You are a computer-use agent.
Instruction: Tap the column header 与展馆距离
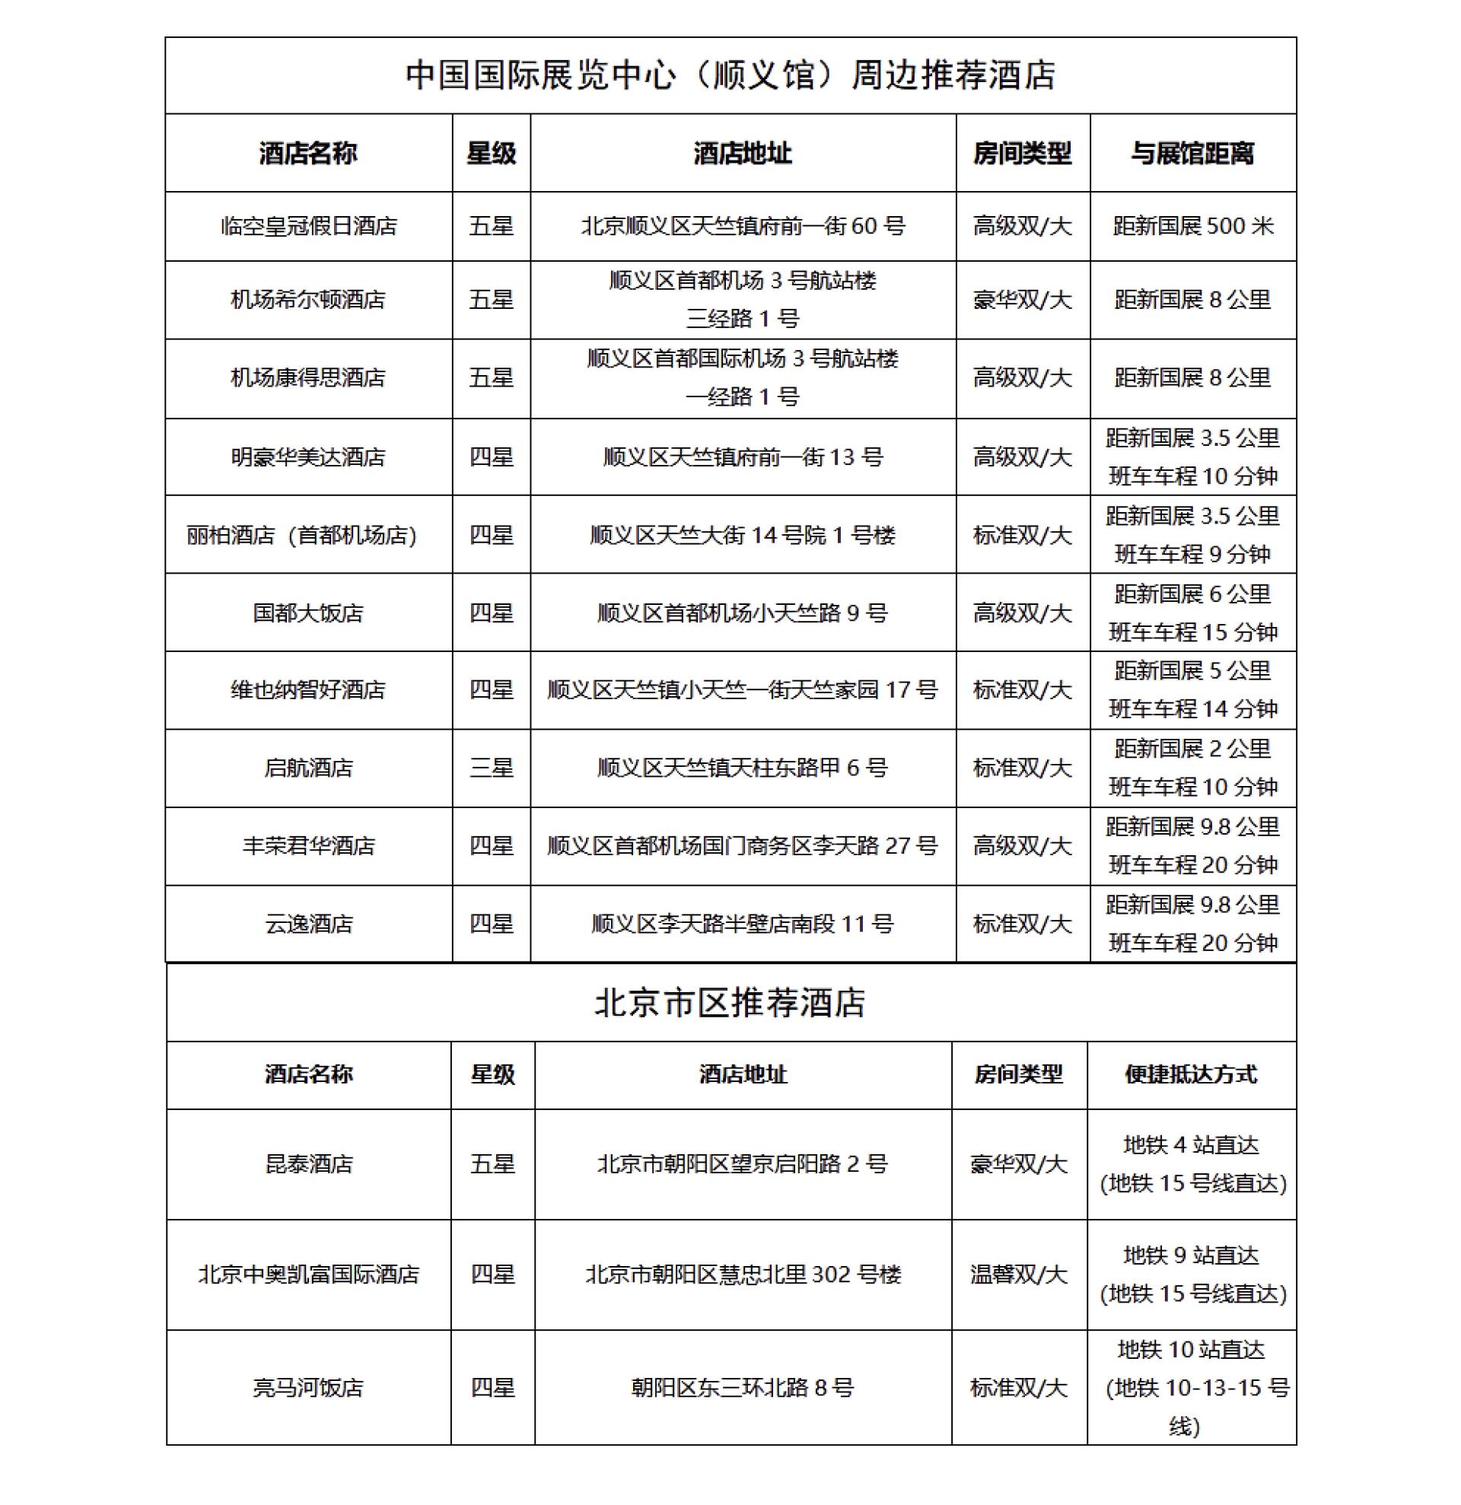click(x=1192, y=154)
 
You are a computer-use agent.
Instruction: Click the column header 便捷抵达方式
click(x=1191, y=1074)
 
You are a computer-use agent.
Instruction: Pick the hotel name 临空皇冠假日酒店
click(x=309, y=227)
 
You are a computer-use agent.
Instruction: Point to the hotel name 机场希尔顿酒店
click(x=309, y=300)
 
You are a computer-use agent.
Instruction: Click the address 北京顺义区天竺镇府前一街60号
click(x=743, y=227)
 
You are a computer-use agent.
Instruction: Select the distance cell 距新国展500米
click(x=1192, y=227)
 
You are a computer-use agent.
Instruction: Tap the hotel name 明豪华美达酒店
click(x=309, y=457)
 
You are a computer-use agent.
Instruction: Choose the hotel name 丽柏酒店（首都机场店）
click(x=302, y=535)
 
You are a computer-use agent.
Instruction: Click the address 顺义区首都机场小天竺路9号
click(x=743, y=613)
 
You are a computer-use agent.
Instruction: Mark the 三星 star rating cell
click(x=492, y=768)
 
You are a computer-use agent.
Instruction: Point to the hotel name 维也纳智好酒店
click(x=309, y=690)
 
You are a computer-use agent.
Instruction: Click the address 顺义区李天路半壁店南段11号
click(x=743, y=924)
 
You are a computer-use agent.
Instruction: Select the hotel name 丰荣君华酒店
click(x=309, y=846)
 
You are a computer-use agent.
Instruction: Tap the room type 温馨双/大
click(x=1019, y=1274)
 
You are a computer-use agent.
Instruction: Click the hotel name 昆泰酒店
click(x=309, y=1164)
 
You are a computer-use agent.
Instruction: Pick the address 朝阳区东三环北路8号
click(x=743, y=1388)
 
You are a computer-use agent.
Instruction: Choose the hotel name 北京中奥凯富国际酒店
click(x=309, y=1274)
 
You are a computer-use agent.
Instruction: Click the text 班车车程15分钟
click(x=1192, y=633)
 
